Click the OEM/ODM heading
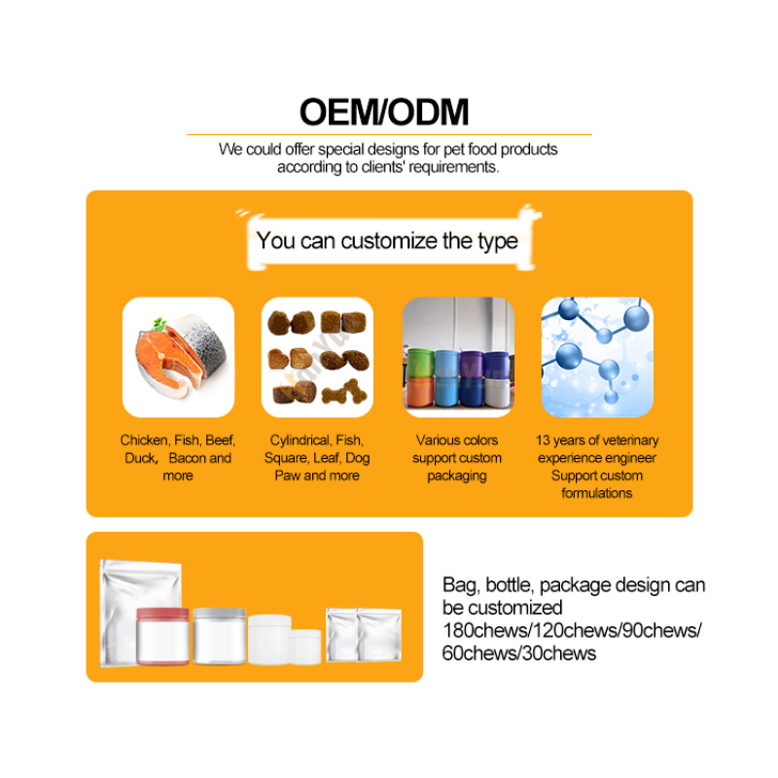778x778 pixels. [x=384, y=112]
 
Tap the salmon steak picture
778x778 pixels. [x=178, y=356]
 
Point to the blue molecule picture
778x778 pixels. [x=597, y=356]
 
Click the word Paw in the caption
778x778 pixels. [x=287, y=476]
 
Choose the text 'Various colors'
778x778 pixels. [x=457, y=441]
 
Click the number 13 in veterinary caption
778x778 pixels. [x=544, y=441]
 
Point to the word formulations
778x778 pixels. [x=597, y=493]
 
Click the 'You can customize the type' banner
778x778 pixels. [x=387, y=241]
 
